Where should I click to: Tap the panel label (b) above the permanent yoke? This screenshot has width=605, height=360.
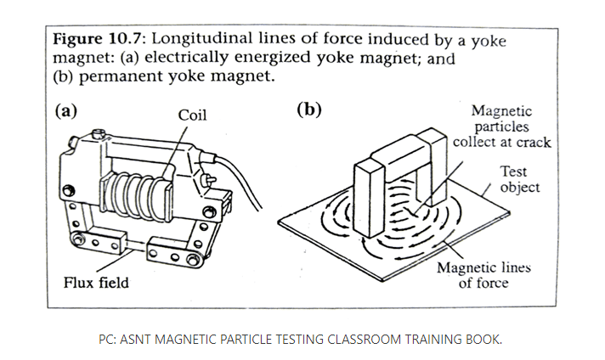[308, 110]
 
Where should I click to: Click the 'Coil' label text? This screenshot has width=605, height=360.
[193, 115]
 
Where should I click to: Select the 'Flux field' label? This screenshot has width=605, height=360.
[96, 283]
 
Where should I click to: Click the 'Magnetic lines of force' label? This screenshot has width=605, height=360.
[483, 275]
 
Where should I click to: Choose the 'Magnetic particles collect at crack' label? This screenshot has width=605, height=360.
[501, 127]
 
